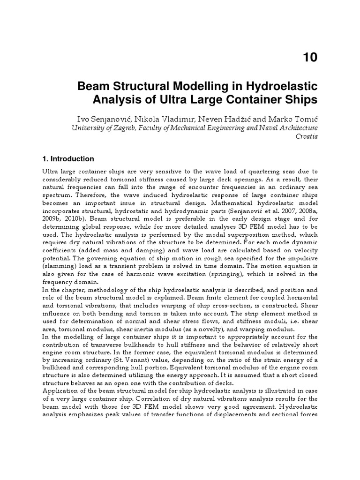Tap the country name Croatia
point(307,136)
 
